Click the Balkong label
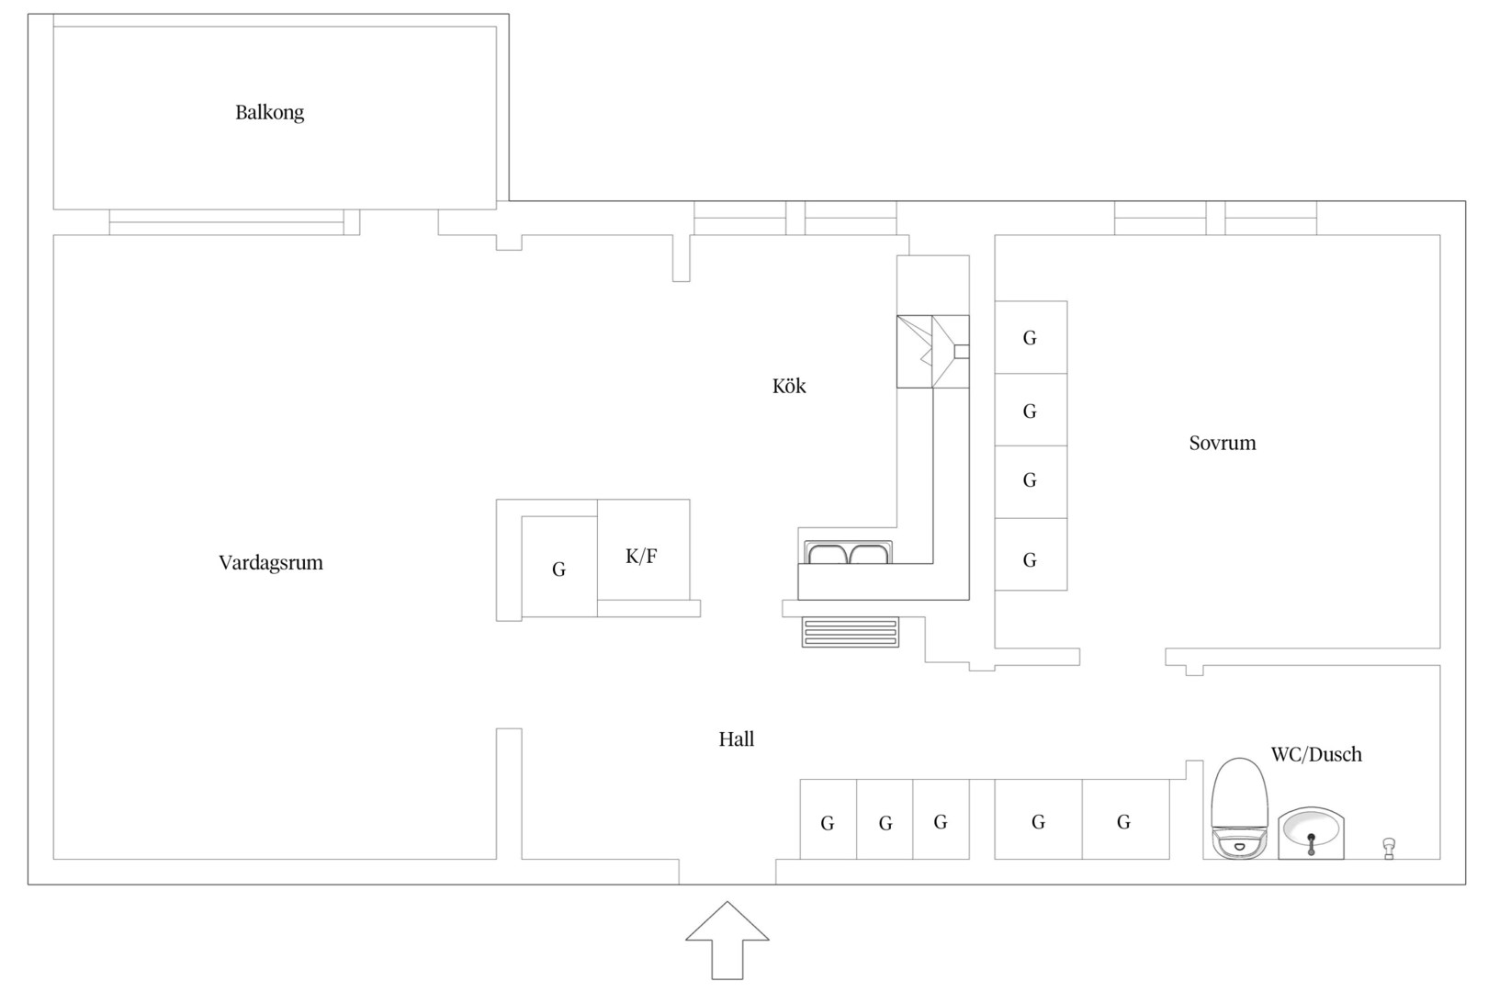point(270,113)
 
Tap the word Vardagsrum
point(271,563)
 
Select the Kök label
point(789,386)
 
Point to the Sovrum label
point(1223,443)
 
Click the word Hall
point(736,738)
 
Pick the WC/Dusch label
point(1316,754)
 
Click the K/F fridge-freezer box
point(643,549)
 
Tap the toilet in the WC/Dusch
point(1240,808)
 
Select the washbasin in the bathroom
point(1312,833)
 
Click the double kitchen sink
point(849,553)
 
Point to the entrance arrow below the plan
point(727,941)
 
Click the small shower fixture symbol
point(1389,849)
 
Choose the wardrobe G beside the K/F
point(559,567)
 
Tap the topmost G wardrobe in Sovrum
point(1031,337)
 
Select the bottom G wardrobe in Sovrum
point(1031,554)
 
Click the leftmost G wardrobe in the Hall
point(829,819)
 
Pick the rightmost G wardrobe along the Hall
point(1126,819)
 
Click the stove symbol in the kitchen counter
point(932,352)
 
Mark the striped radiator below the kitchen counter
point(851,632)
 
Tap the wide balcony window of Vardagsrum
point(227,222)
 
